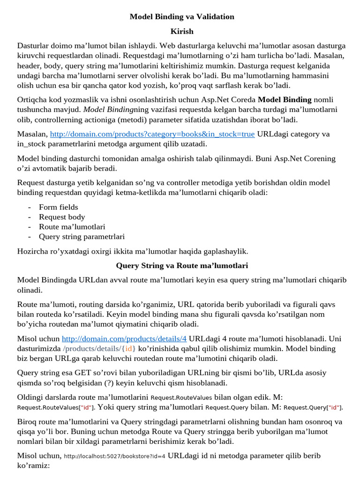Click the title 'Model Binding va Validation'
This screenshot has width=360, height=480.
pyautogui.click(x=182, y=17)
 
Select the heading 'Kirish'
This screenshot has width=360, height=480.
pyautogui.click(x=182, y=31)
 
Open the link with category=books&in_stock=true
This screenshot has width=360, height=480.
pyautogui.click(x=152, y=134)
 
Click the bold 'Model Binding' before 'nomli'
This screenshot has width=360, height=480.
pyautogui.click(x=285, y=99)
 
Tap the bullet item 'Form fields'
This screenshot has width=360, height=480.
pyautogui.click(x=59, y=207)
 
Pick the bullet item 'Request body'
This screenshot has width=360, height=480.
pyautogui.click(x=62, y=217)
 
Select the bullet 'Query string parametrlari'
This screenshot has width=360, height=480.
pyautogui.click(x=82, y=237)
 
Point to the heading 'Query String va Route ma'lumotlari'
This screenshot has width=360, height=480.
pyautogui.click(x=182, y=266)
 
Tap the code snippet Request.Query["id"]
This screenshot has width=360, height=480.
pyautogui.click(x=313, y=408)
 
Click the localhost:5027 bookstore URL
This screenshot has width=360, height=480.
pyautogui.click(x=114, y=456)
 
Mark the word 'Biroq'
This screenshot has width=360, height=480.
pyautogui.click(x=28, y=421)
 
